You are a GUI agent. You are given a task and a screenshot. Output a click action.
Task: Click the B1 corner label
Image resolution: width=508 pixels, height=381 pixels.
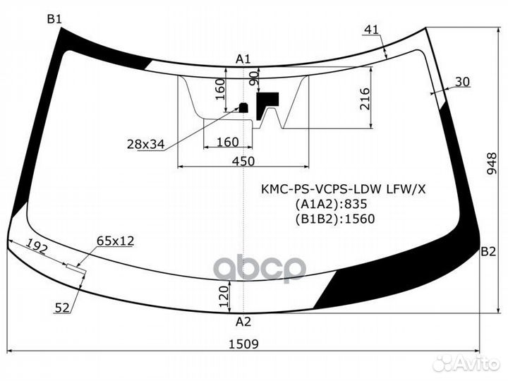[54, 19]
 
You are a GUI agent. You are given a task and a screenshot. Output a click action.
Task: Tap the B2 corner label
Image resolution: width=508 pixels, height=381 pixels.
[488, 252]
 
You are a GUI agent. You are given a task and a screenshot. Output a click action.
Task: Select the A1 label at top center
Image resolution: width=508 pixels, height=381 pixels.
[243, 59]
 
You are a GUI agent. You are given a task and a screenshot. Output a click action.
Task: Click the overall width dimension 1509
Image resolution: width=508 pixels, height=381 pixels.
[243, 344]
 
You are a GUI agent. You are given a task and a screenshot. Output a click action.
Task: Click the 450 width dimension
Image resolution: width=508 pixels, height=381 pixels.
[243, 161]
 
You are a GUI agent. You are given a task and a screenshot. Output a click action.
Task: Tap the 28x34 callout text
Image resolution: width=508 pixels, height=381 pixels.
[145, 144]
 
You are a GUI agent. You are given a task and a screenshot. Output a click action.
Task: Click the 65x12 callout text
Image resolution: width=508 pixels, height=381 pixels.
[115, 241]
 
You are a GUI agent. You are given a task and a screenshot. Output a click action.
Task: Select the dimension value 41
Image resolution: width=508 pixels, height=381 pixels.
[373, 29]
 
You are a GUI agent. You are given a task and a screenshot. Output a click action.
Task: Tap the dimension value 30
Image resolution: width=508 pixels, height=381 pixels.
[462, 82]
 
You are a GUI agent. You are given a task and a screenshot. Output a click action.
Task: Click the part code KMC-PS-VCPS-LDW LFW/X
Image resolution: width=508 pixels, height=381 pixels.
[344, 189]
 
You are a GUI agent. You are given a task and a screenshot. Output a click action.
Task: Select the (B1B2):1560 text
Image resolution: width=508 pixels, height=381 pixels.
[334, 219]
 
